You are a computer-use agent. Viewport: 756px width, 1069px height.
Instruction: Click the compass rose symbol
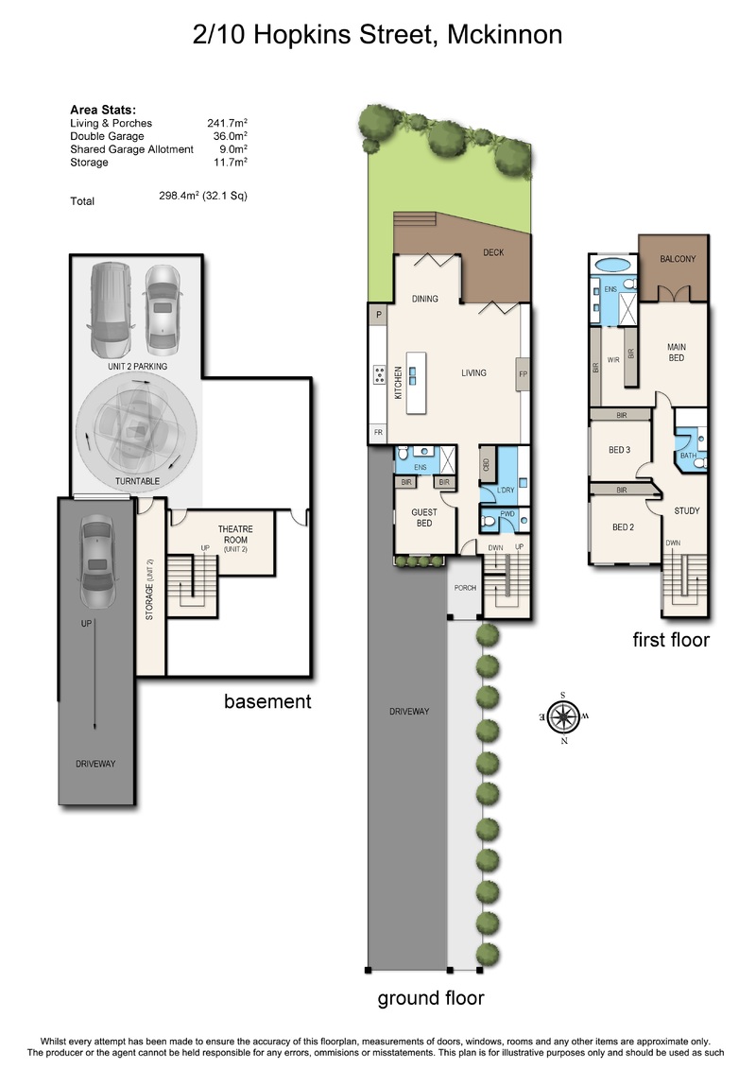564,716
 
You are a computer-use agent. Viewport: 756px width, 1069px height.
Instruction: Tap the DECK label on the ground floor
493,252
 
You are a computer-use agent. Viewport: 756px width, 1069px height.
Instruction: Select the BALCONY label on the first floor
678,259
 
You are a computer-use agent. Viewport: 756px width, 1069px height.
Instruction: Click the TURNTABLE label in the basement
137,481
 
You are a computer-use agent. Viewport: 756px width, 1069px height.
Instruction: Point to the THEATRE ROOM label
235,535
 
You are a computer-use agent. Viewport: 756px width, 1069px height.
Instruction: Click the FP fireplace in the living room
523,373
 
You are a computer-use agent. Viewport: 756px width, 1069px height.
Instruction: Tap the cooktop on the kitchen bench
379,373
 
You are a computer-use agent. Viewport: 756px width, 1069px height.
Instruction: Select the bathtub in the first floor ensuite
613,264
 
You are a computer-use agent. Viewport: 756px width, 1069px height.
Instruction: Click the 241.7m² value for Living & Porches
227,124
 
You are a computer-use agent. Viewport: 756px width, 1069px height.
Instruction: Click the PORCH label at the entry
466,588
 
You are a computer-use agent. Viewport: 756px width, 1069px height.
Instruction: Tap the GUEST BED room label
424,517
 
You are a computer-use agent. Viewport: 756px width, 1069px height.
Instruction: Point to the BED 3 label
620,450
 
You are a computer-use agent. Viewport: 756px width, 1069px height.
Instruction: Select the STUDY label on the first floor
687,510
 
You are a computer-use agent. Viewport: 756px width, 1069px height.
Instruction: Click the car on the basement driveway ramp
96,560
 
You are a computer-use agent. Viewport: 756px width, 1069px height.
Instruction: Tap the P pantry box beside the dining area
378,315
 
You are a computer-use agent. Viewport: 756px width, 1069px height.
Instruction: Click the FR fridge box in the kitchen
378,433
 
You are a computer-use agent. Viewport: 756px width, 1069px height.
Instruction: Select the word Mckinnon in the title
505,34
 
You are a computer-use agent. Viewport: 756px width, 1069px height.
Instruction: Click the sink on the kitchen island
413,375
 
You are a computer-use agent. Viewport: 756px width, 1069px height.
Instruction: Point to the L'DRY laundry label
506,491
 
